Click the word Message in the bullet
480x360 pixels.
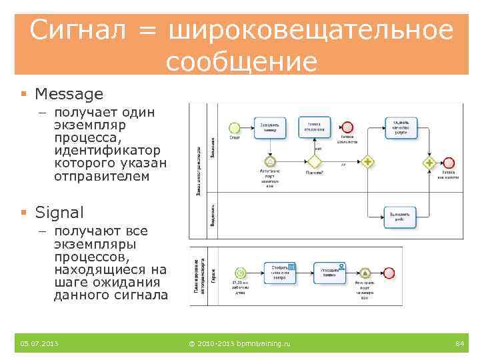[69, 94]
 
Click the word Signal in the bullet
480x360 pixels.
[59, 213]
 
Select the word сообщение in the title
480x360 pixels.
[241, 62]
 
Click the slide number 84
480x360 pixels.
[459, 343]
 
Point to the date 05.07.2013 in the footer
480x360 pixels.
[39, 343]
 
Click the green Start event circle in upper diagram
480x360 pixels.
[234, 127]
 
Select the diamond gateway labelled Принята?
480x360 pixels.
[313, 161]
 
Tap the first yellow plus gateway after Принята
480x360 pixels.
[367, 161]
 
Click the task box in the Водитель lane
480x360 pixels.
[401, 215]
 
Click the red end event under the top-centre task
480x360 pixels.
[347, 127]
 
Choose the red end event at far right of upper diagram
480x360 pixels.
[448, 162]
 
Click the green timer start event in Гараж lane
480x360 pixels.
[240, 273]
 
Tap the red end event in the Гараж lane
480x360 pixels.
[389, 273]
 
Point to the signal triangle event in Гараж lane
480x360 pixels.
[364, 273]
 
